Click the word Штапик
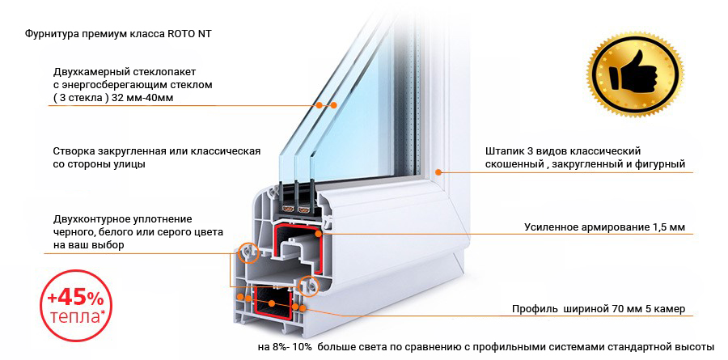click(x=502, y=152)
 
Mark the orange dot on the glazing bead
click(x=438, y=172)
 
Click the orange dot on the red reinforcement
click(x=319, y=234)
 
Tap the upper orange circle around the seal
click(x=248, y=253)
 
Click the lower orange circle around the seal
click(x=308, y=286)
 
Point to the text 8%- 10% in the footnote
click(x=290, y=347)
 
